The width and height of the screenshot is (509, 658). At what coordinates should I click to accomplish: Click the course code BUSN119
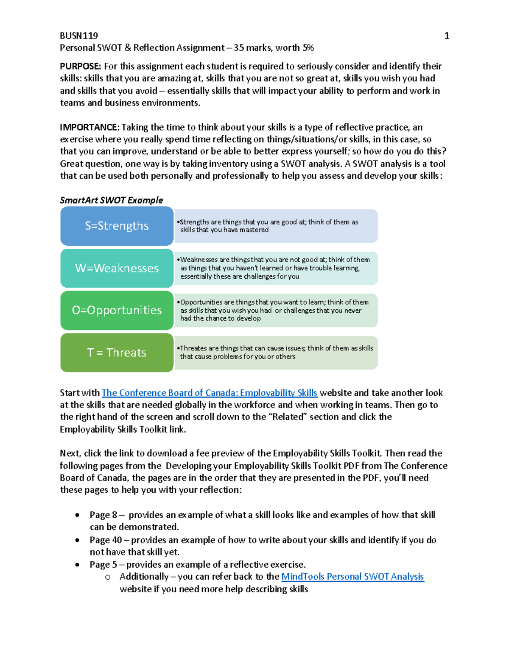79,36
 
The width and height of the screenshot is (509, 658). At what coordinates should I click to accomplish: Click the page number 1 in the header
446,36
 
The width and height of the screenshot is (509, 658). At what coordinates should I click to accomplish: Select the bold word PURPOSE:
81,66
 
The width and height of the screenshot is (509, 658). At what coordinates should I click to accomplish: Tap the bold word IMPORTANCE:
89,127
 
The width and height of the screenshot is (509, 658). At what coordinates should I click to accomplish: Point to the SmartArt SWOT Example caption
111,200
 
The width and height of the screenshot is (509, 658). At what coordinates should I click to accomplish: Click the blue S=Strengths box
117,226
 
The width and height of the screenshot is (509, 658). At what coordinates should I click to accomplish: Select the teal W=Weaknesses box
117,268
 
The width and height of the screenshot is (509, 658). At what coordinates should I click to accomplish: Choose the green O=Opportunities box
117,310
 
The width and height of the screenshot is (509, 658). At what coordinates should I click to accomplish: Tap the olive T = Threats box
117,353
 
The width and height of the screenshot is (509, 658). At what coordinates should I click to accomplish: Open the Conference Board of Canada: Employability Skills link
210,393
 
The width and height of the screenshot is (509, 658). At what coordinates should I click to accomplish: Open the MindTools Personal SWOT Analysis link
352,576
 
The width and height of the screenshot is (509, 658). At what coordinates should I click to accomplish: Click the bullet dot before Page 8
77,515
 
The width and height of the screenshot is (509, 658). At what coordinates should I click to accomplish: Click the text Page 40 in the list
106,540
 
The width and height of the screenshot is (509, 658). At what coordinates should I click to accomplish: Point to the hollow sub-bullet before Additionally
108,577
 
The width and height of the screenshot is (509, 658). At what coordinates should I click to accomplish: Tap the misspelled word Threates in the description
193,348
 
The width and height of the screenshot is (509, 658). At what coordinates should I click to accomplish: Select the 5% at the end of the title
308,48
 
